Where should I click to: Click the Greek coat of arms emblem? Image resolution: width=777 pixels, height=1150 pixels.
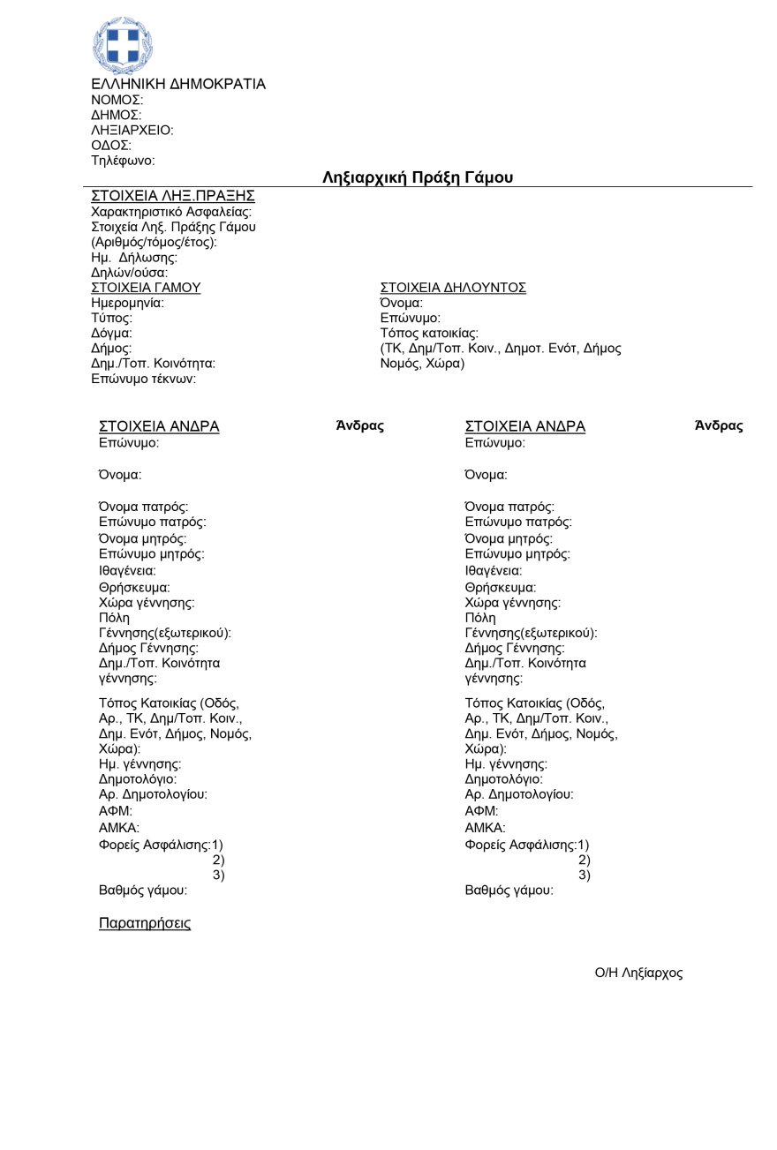click(123, 45)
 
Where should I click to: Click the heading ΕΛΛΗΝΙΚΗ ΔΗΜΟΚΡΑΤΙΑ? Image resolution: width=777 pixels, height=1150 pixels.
click(178, 84)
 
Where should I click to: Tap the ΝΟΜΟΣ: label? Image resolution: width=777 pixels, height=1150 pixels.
click(117, 100)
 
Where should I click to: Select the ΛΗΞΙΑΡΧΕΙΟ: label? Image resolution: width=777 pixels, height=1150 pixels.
click(132, 130)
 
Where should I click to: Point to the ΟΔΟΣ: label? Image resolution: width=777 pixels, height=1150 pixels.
click(111, 145)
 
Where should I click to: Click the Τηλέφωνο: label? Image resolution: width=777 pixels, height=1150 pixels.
click(123, 161)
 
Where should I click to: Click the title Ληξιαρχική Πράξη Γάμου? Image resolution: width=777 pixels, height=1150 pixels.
click(418, 177)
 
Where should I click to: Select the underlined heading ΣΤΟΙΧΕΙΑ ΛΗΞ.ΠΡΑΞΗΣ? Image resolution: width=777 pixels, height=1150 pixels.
click(173, 196)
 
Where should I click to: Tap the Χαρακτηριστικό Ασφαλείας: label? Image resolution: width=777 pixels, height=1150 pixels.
click(171, 212)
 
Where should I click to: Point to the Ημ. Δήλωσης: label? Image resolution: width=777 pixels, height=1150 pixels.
click(134, 258)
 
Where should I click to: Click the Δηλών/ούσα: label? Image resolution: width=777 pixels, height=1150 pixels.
click(130, 273)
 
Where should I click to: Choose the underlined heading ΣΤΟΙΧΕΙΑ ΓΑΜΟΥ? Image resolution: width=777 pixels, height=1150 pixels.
click(146, 288)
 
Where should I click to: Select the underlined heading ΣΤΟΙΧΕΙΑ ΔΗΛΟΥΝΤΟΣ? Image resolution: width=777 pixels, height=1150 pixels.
click(453, 288)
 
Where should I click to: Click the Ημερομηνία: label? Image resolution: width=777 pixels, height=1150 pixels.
click(127, 303)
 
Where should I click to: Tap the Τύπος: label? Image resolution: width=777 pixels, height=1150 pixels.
click(111, 318)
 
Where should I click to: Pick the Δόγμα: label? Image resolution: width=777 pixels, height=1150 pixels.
click(111, 333)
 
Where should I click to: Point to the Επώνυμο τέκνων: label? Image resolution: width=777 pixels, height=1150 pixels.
click(143, 379)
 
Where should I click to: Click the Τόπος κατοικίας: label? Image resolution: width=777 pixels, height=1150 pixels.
click(429, 333)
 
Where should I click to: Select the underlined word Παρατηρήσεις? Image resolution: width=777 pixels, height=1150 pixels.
click(145, 923)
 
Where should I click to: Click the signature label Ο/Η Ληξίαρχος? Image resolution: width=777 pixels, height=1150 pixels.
click(638, 973)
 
